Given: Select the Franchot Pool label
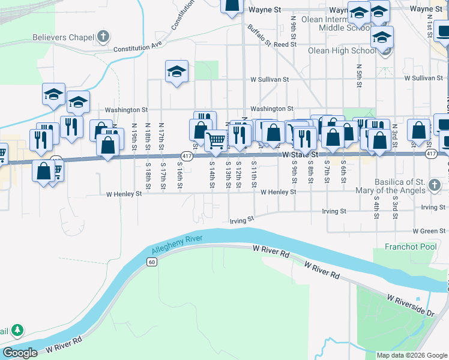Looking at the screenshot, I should click(411, 247).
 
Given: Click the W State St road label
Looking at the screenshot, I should click(300, 154).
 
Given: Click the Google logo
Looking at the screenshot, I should click(20, 353).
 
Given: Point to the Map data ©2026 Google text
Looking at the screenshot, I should click(411, 355).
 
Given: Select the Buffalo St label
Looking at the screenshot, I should click(260, 36).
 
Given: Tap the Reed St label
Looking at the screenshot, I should click(281, 44).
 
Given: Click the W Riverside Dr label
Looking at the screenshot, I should click(410, 305).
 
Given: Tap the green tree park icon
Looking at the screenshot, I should click(18, 329).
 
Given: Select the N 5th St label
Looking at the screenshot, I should click(358, 75).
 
